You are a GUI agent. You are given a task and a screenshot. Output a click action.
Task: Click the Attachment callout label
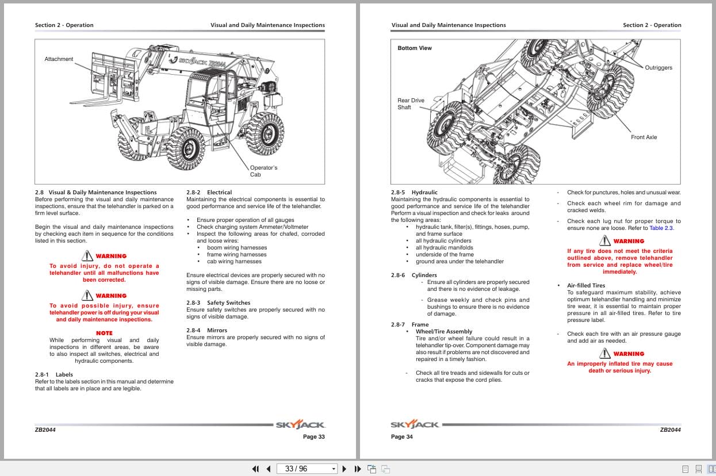[59, 59]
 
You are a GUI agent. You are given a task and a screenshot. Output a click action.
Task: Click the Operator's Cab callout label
[263, 171]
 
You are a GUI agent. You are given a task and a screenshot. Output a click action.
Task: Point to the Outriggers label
[658, 68]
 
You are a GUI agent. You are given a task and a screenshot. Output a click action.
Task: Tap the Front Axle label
[644, 137]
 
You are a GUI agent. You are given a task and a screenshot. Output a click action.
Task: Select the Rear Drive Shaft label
[411, 104]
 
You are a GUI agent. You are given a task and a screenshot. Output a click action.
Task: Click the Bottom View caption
[414, 48]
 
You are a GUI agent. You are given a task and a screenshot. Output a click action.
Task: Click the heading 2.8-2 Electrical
[209, 193]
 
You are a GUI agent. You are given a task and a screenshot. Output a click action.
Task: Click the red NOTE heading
[104, 333]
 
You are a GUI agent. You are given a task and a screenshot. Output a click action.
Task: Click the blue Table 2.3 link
[661, 228]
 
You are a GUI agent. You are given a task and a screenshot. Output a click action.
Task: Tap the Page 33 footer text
[313, 437]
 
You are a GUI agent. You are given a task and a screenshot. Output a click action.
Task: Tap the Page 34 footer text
[401, 437]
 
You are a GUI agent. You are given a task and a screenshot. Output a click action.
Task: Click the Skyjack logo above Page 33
[300, 425]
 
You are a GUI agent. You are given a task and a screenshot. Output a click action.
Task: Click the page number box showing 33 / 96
[307, 469]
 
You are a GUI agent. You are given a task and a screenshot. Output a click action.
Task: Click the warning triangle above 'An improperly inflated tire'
[605, 354]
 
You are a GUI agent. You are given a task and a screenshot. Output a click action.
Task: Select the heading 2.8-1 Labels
[54, 375]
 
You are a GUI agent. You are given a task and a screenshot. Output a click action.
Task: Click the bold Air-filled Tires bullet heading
[586, 286]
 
